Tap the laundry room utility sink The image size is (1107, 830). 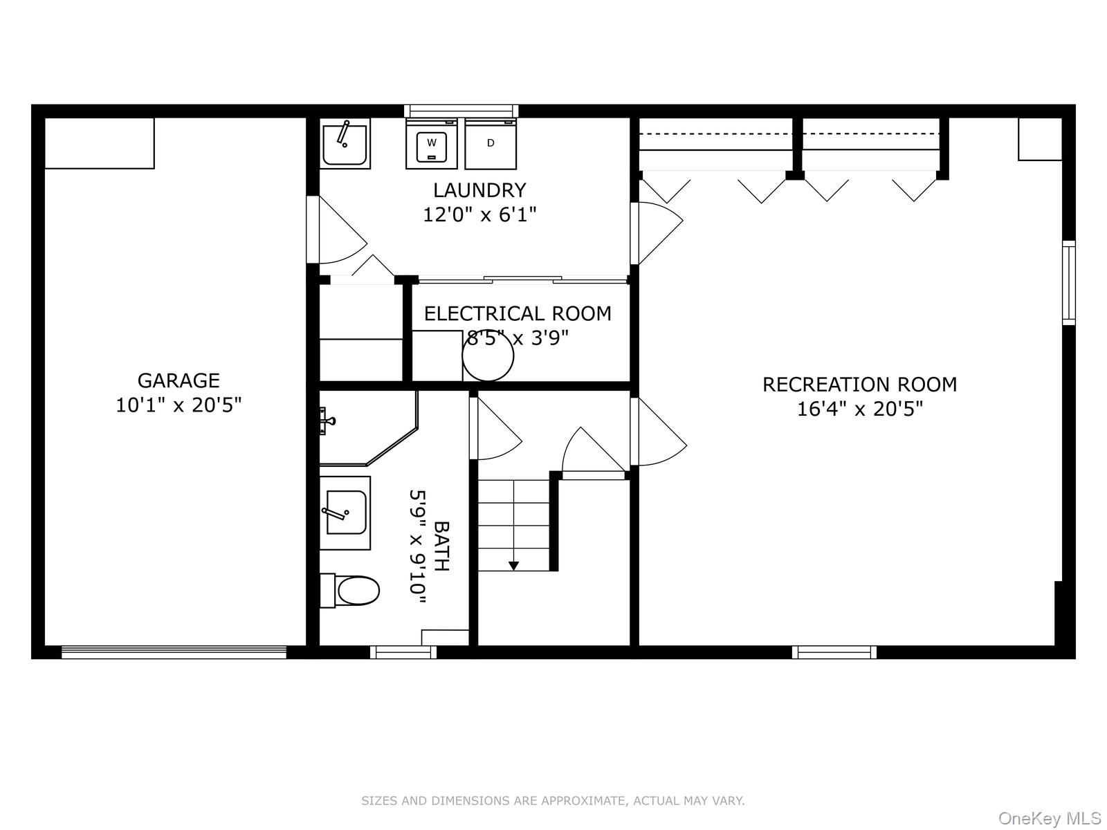[345, 143]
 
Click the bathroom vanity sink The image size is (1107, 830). [345, 513]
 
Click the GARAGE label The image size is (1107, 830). [179, 380]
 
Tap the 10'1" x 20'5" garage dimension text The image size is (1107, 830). [179, 405]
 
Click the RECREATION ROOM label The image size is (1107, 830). [859, 385]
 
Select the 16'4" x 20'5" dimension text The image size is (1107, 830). [859, 409]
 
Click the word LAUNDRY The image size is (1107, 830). [479, 190]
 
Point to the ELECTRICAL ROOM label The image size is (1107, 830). [518, 314]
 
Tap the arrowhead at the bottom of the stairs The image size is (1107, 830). [513, 565]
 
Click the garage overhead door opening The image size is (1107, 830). [174, 652]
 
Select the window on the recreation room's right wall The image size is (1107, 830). [1069, 282]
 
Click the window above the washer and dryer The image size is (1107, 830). [461, 111]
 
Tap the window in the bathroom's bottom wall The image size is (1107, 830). [403, 652]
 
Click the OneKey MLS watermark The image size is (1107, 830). [1049, 819]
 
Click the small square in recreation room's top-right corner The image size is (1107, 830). [1039, 138]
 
